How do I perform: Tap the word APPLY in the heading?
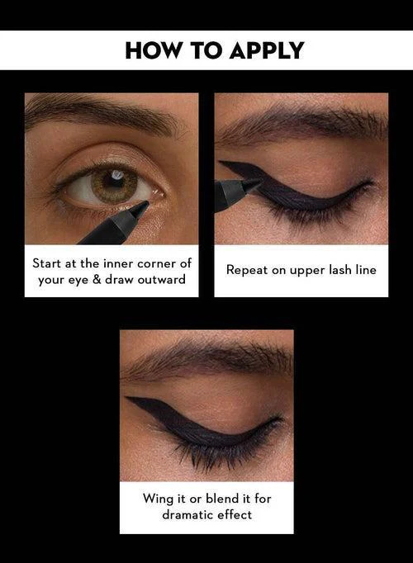click(x=267, y=50)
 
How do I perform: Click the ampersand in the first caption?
click(x=97, y=279)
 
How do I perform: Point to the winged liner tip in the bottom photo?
click(x=126, y=398)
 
